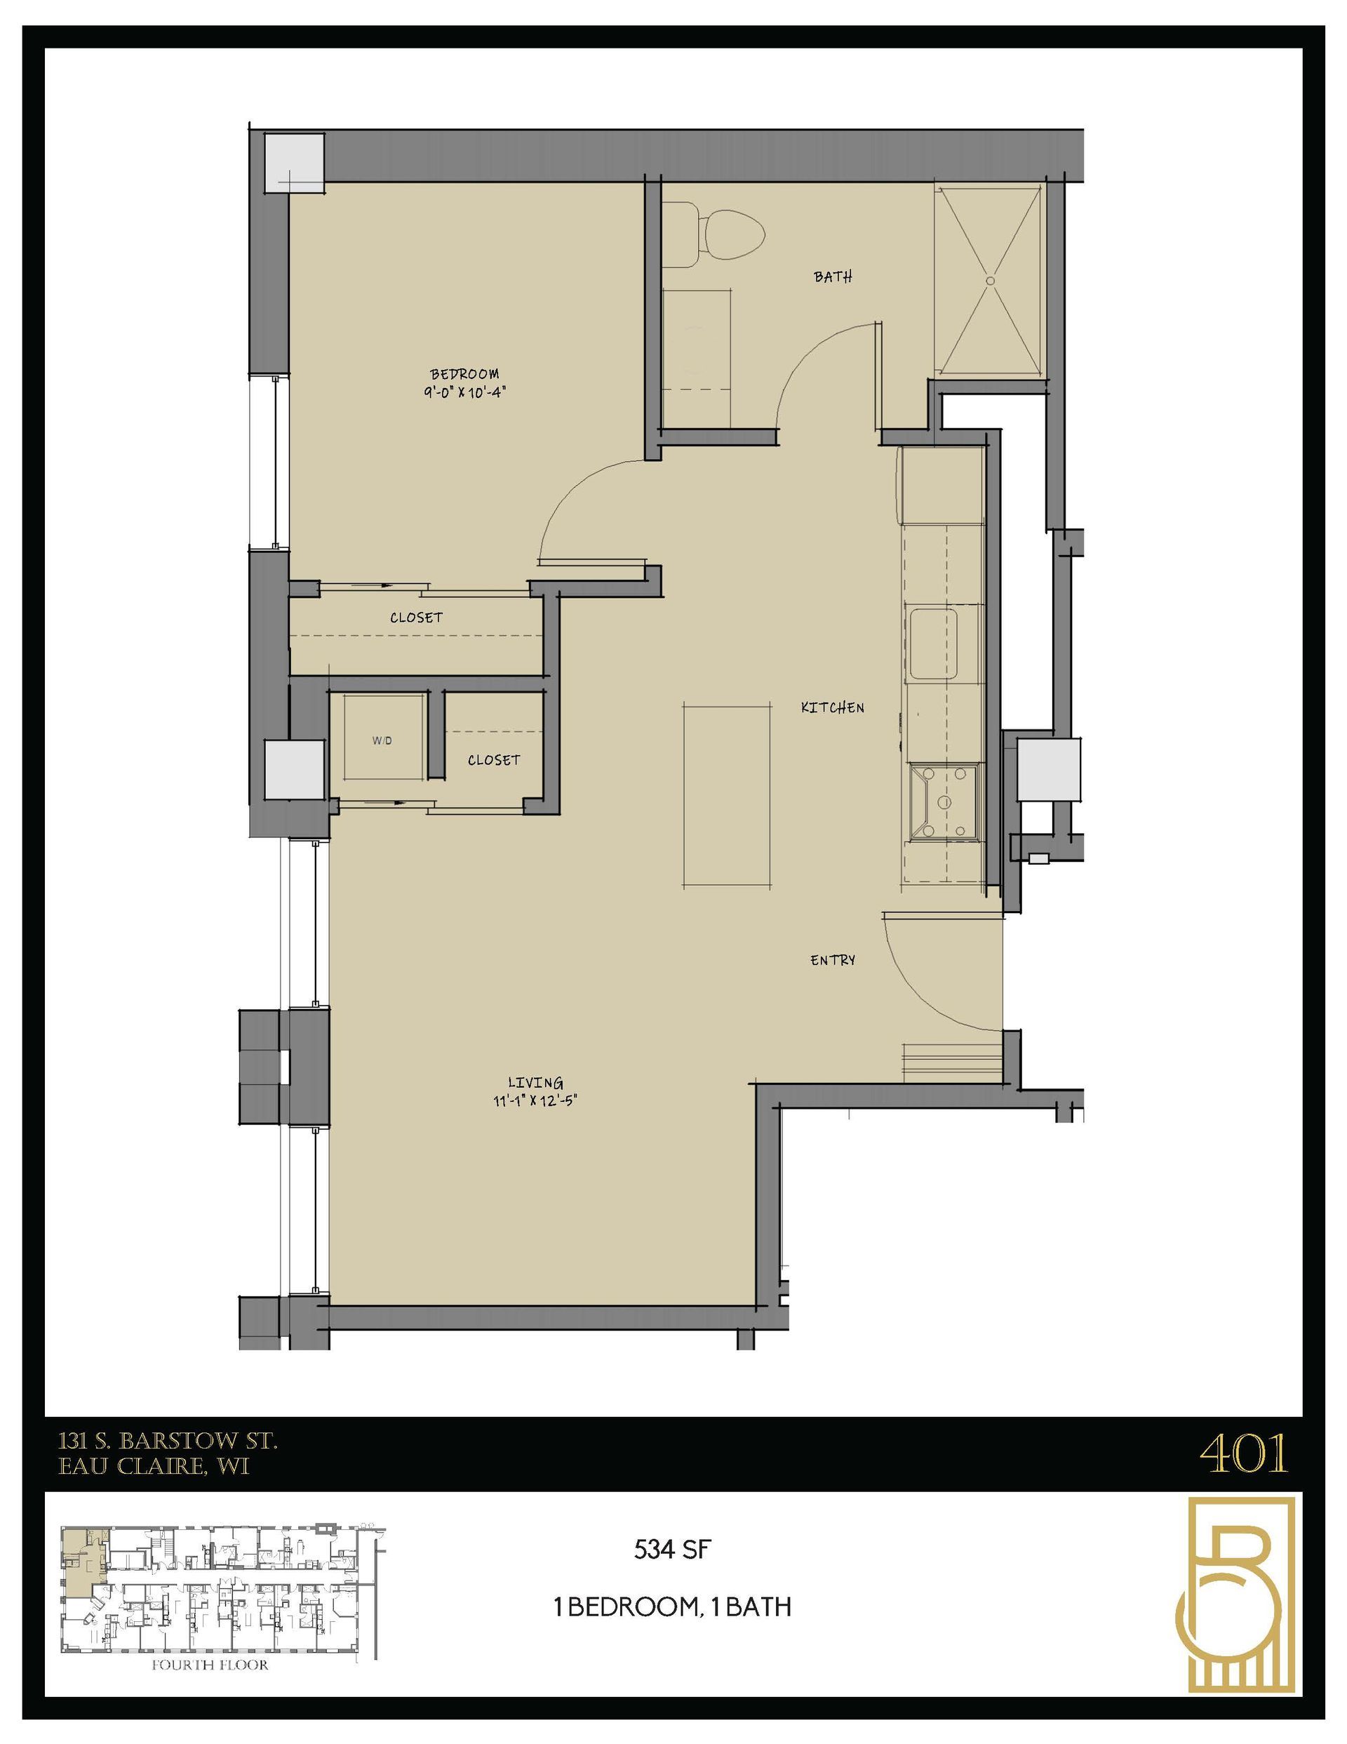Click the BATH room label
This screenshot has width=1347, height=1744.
pos(833,277)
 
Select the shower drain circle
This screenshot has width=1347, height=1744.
pos(990,280)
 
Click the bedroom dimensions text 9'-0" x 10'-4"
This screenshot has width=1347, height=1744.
pos(466,393)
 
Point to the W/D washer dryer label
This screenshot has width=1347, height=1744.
pos(382,740)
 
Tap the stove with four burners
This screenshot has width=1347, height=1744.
pos(947,801)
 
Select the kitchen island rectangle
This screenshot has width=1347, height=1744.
pos(727,794)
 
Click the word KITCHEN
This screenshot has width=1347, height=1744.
pos(832,707)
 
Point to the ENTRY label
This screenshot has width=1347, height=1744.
pos(833,961)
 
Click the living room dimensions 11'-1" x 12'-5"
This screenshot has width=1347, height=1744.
pos(535,1101)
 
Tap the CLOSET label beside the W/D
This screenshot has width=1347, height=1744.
pos(493,760)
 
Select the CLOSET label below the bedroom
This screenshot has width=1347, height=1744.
pos(416,618)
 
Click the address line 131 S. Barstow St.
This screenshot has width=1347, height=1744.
pos(168,1442)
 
